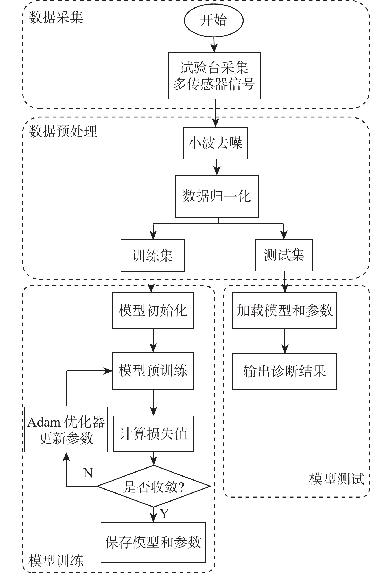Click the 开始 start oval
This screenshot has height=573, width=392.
pos(214,20)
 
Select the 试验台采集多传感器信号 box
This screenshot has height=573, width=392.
pos(214,76)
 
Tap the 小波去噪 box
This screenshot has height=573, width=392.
pos(215,143)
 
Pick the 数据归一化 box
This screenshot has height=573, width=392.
pos(216,196)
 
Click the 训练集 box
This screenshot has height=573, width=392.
pos(152,255)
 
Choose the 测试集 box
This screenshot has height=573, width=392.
pos(284,255)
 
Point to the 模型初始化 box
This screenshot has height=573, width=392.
pos(153,311)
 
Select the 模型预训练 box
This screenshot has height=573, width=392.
pos(153,371)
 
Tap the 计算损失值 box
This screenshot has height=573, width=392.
pos(153,434)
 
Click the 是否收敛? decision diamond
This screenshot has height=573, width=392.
pos(154,486)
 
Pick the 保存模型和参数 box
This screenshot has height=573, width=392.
pos(153,542)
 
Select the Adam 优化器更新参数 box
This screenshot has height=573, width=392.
pos(66,429)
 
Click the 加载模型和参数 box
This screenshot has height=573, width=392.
pos(284,311)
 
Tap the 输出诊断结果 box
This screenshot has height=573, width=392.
pos(284,371)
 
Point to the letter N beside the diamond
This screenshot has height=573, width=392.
pos(88,473)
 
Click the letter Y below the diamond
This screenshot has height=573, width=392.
pos(164,514)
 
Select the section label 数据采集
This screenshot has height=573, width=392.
pos(56,18)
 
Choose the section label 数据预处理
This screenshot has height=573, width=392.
pos(63,131)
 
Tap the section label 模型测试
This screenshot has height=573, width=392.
pos(336,479)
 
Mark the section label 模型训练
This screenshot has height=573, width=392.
pos(56,561)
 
